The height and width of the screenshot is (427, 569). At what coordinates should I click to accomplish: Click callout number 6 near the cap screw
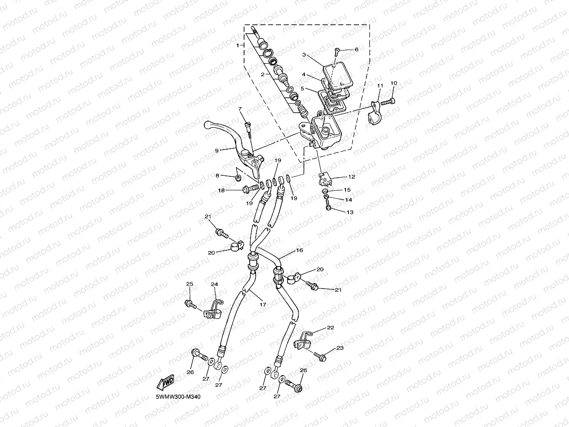[x=356, y=49]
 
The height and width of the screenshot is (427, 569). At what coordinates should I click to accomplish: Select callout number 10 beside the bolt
[x=393, y=83]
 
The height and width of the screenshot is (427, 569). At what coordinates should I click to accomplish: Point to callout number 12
[x=351, y=177]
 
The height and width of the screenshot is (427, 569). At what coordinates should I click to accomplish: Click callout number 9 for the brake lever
[x=217, y=151]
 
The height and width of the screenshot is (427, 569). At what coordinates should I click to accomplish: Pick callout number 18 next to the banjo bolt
[x=221, y=190]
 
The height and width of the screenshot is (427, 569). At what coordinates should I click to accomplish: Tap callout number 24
[x=214, y=284]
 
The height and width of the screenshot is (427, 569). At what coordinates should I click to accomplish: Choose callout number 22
[x=331, y=328]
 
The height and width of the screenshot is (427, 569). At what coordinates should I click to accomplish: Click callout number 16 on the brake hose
[x=299, y=251]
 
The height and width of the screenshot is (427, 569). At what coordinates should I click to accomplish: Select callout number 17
[x=263, y=304]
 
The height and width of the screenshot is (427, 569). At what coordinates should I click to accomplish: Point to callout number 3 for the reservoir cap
[x=304, y=55]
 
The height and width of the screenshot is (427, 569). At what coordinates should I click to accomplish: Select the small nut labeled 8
[x=238, y=177]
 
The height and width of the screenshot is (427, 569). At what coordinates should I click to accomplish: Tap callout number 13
[x=349, y=212]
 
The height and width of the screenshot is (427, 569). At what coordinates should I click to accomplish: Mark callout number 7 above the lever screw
[x=240, y=109]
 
